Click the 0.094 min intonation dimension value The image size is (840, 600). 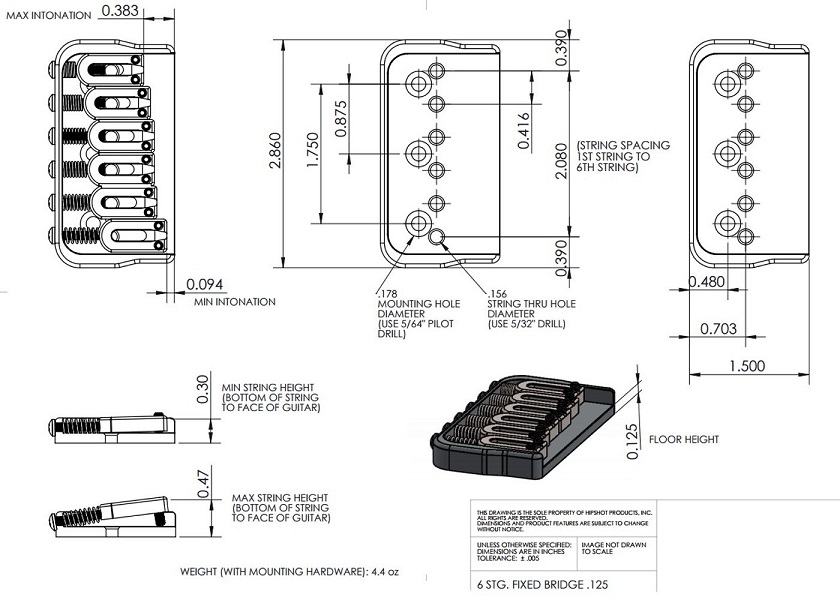[204, 285]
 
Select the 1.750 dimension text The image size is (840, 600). [311, 154]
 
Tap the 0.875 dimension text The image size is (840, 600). [342, 120]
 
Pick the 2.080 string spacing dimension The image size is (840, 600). [559, 154]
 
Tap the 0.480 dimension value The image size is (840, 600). [707, 283]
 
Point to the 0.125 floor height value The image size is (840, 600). [632, 440]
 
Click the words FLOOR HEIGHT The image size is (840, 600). [683, 439]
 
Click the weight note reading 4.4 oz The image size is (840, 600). [290, 572]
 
